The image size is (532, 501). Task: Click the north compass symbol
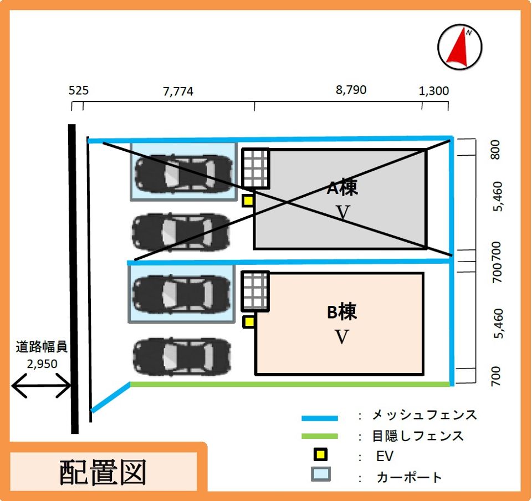coord(459,46)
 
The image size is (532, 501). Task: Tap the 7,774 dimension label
coord(178,91)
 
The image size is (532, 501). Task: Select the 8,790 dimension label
coord(351,90)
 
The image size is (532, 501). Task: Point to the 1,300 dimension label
coord(434,91)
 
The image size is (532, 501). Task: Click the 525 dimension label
coord(79,90)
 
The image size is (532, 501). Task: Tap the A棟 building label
coord(342,188)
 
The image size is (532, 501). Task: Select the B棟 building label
coord(342,312)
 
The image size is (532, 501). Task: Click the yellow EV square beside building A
coord(248,201)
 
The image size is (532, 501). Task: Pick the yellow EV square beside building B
coord(249,321)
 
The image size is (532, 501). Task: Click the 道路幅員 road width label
coord(42,347)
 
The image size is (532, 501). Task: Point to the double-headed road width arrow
coord(42,385)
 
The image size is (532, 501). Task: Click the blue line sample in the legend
coord(320,418)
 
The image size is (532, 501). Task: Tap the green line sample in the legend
coord(320,436)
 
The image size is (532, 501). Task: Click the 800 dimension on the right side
coord(496,150)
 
